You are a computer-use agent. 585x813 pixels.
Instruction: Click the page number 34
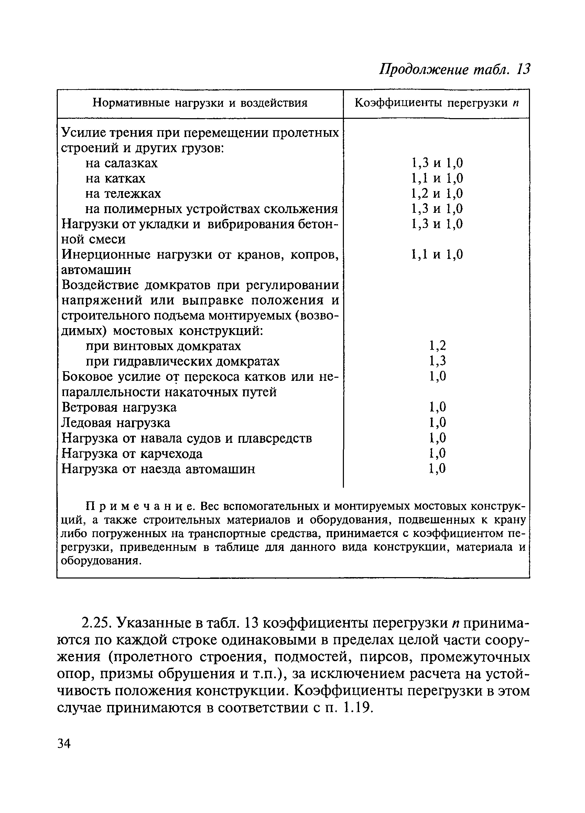pos(64,744)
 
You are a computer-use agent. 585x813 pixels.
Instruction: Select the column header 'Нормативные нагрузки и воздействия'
pos(200,103)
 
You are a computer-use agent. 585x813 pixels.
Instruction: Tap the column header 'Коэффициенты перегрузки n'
pos(436,103)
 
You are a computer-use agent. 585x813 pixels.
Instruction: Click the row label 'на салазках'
pos(121,164)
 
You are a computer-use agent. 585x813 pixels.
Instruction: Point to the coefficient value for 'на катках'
pos(436,178)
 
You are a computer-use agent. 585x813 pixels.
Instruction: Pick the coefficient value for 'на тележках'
pos(436,194)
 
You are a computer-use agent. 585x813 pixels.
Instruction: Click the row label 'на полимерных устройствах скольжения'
pos(211,209)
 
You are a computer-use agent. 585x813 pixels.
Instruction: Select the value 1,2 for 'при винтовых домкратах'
pos(437,346)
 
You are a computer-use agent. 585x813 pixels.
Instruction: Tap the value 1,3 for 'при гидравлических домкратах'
pos(437,361)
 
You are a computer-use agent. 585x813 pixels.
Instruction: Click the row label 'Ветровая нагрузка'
pos(119,408)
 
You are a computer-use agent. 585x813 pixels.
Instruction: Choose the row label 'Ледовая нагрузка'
pos(116,423)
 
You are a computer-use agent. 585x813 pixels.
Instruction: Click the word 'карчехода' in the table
pos(171,454)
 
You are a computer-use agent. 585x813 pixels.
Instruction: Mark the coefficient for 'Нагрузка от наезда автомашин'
pos(437,469)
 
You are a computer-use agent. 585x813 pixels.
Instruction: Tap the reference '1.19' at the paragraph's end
pos(358,708)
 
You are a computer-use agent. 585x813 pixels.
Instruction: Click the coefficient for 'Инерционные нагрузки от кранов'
pos(436,254)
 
